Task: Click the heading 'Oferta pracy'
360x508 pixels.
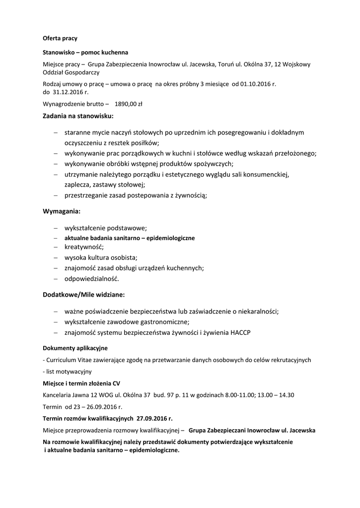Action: click(x=60, y=38)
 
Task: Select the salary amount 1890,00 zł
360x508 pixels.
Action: click(x=129, y=104)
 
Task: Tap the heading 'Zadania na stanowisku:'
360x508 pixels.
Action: click(x=78, y=117)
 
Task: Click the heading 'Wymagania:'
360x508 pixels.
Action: click(x=62, y=211)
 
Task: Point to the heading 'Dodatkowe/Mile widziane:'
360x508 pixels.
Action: click(x=84, y=295)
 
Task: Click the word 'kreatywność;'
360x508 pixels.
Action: click(x=84, y=247)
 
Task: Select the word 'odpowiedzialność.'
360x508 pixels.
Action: click(x=92, y=278)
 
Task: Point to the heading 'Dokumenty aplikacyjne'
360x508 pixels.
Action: click(x=75, y=348)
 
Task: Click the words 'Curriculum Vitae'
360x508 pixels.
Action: click(x=69, y=360)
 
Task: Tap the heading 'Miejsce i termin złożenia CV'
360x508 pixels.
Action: click(x=81, y=383)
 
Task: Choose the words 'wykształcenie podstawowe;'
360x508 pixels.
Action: click(x=105, y=228)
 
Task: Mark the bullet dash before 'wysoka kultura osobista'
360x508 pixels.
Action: click(x=56, y=257)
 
